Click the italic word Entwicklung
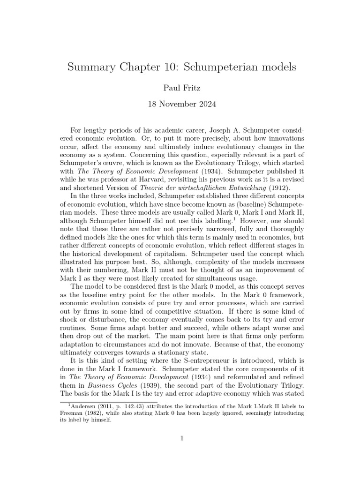[x=244, y=192]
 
